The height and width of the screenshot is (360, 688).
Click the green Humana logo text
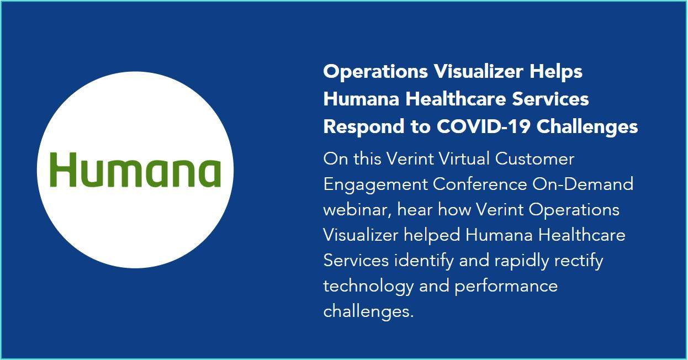click(135, 170)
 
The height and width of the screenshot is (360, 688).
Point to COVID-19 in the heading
click(484, 126)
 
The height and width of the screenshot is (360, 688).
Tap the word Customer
click(534, 159)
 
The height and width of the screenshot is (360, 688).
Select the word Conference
click(480, 184)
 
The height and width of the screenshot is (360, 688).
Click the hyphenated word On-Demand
click(583, 184)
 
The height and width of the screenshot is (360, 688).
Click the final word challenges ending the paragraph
click(369, 312)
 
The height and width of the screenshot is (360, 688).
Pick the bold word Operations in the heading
click(375, 72)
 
